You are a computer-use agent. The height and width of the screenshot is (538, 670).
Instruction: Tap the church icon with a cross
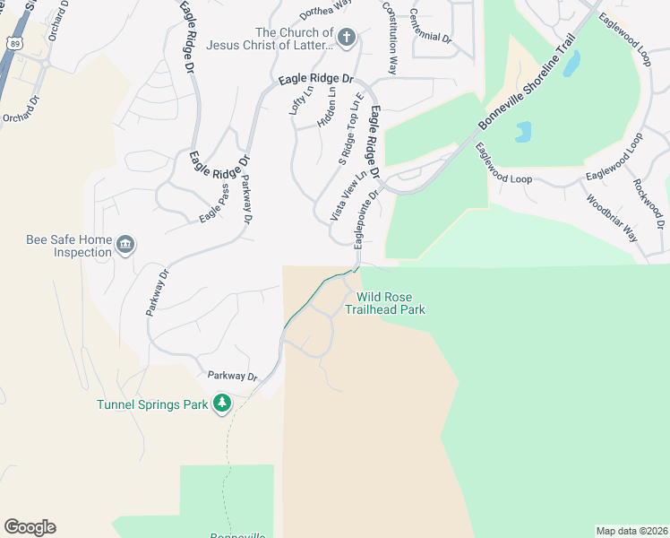point(348,38)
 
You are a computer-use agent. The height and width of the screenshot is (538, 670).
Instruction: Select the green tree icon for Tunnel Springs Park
point(221,404)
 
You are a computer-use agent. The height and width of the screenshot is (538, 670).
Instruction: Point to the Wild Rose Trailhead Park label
point(391,303)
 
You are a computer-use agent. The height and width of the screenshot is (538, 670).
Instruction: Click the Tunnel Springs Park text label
point(152,404)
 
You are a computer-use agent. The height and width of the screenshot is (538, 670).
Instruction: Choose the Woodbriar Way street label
point(612,219)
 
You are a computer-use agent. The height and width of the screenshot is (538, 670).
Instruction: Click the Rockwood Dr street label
point(649,203)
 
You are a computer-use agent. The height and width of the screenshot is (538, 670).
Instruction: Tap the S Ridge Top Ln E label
point(350,129)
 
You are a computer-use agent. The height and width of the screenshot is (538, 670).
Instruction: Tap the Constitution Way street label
point(390,37)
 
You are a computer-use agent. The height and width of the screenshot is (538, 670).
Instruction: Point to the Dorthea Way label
point(323,11)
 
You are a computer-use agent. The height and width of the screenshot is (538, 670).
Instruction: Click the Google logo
point(30,527)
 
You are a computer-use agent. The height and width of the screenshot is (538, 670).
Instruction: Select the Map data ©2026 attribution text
point(632,531)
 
